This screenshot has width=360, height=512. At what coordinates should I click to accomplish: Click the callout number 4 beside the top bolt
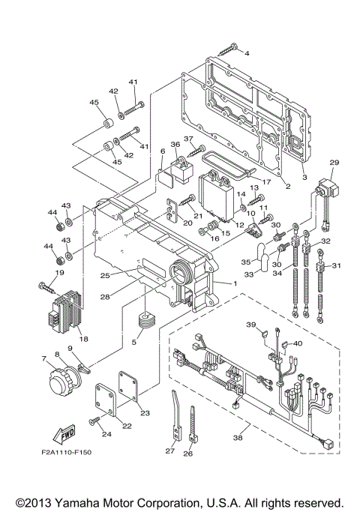click(247, 53)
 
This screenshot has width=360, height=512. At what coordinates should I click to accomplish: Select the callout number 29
click(334, 162)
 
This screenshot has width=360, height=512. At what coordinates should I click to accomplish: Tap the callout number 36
click(174, 145)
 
